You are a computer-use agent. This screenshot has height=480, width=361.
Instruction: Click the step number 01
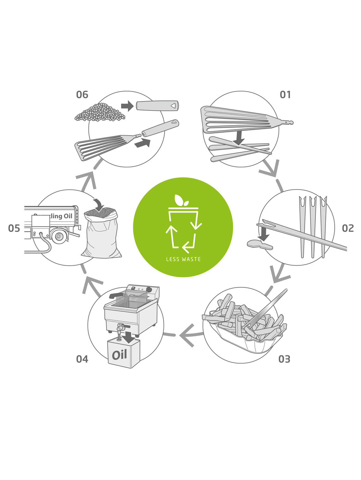tap(285, 94)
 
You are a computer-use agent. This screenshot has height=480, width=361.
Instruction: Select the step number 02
tap(348, 228)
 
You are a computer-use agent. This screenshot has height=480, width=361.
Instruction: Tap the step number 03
tap(284, 359)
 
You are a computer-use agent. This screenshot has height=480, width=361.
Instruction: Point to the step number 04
tap(82, 359)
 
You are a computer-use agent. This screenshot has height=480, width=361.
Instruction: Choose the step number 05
tap(14, 228)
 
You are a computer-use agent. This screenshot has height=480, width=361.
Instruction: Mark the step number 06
tap(82, 94)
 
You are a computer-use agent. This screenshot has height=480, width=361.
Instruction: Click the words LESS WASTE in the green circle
tap(183, 259)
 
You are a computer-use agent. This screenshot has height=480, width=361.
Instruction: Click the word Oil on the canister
tap(119, 355)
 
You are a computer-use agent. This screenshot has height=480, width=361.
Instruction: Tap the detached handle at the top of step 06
tap(157, 106)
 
